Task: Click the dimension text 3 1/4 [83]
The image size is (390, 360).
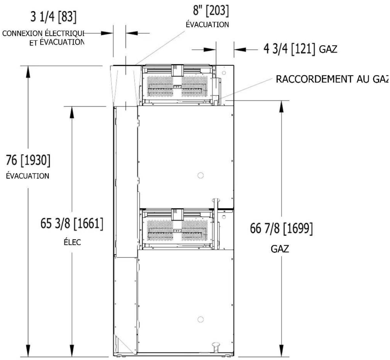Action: coord(53,17)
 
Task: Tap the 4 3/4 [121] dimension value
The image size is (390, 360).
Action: coord(289,49)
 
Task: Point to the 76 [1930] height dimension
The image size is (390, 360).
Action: coord(28,160)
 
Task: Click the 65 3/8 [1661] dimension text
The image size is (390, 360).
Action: coord(72,224)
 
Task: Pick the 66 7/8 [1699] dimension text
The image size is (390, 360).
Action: coord(281,228)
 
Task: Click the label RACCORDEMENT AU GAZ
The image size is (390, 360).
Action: coord(332,79)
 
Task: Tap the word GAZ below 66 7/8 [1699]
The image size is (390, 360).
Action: coord(280,249)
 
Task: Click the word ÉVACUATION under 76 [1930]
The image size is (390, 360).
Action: coord(27,176)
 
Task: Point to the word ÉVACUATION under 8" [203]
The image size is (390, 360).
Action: coord(207,24)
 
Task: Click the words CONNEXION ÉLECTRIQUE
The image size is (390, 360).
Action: coord(43,33)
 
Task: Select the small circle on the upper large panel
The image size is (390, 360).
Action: coord(200,175)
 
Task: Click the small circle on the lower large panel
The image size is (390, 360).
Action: coord(200,319)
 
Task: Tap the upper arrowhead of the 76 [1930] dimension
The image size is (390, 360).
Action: coord(28,72)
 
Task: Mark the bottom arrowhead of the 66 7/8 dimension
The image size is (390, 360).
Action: coord(281,351)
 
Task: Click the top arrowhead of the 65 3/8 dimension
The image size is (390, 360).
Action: coord(72,113)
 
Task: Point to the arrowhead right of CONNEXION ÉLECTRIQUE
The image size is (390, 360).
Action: coord(107,33)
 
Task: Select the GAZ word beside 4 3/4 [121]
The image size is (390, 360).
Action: coord(328,49)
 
